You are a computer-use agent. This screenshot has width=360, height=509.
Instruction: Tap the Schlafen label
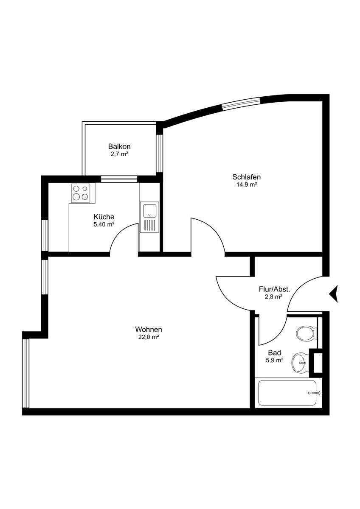pyautogui.click(x=246, y=177)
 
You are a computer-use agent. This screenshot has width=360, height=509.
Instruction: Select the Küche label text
pyautogui.click(x=104, y=217)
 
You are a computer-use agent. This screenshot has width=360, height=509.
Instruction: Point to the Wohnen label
pyautogui.click(x=149, y=329)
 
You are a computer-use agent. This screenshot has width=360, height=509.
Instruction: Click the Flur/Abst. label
pyautogui.click(x=274, y=289)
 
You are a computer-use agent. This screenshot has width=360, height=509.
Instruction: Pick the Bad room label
pyautogui.click(x=274, y=352)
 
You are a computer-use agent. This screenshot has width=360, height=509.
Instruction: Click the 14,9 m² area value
pyautogui.click(x=246, y=185)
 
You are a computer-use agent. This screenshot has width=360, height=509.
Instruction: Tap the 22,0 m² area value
pyautogui.click(x=149, y=337)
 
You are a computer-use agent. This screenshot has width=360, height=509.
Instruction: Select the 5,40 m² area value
pyautogui.click(x=104, y=224)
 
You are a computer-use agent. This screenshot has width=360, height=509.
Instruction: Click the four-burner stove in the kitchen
pyautogui.click(x=80, y=193)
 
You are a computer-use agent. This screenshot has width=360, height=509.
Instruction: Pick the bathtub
pyautogui.click(x=288, y=393)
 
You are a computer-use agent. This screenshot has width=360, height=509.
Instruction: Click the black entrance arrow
pyautogui.click(x=334, y=293)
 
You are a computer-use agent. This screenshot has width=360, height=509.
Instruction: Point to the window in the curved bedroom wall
pyautogui.click(x=241, y=103)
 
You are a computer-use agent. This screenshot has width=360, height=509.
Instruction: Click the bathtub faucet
pyautogui.click(x=315, y=393)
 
